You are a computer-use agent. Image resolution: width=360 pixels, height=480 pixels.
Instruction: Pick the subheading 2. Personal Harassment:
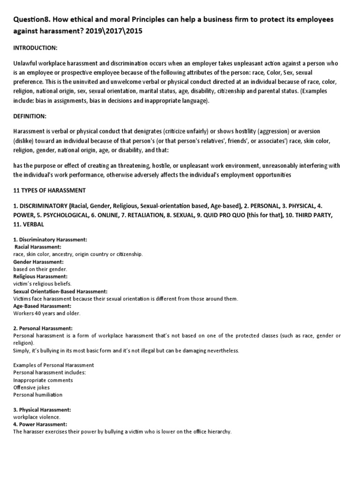click(43, 329)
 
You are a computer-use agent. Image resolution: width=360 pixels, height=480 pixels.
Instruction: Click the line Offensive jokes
click(31, 387)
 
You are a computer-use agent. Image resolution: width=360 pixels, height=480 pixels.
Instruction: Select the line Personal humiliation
click(36, 395)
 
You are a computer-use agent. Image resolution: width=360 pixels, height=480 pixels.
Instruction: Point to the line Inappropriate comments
click(43, 380)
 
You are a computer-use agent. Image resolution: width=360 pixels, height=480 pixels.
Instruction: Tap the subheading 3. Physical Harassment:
click(42, 409)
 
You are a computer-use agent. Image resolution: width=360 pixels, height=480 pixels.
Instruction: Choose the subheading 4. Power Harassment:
click(40, 424)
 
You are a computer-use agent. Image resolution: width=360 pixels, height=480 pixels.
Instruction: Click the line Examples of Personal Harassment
click(53, 365)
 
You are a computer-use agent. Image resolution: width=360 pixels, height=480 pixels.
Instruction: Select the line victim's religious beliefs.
click(42, 284)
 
